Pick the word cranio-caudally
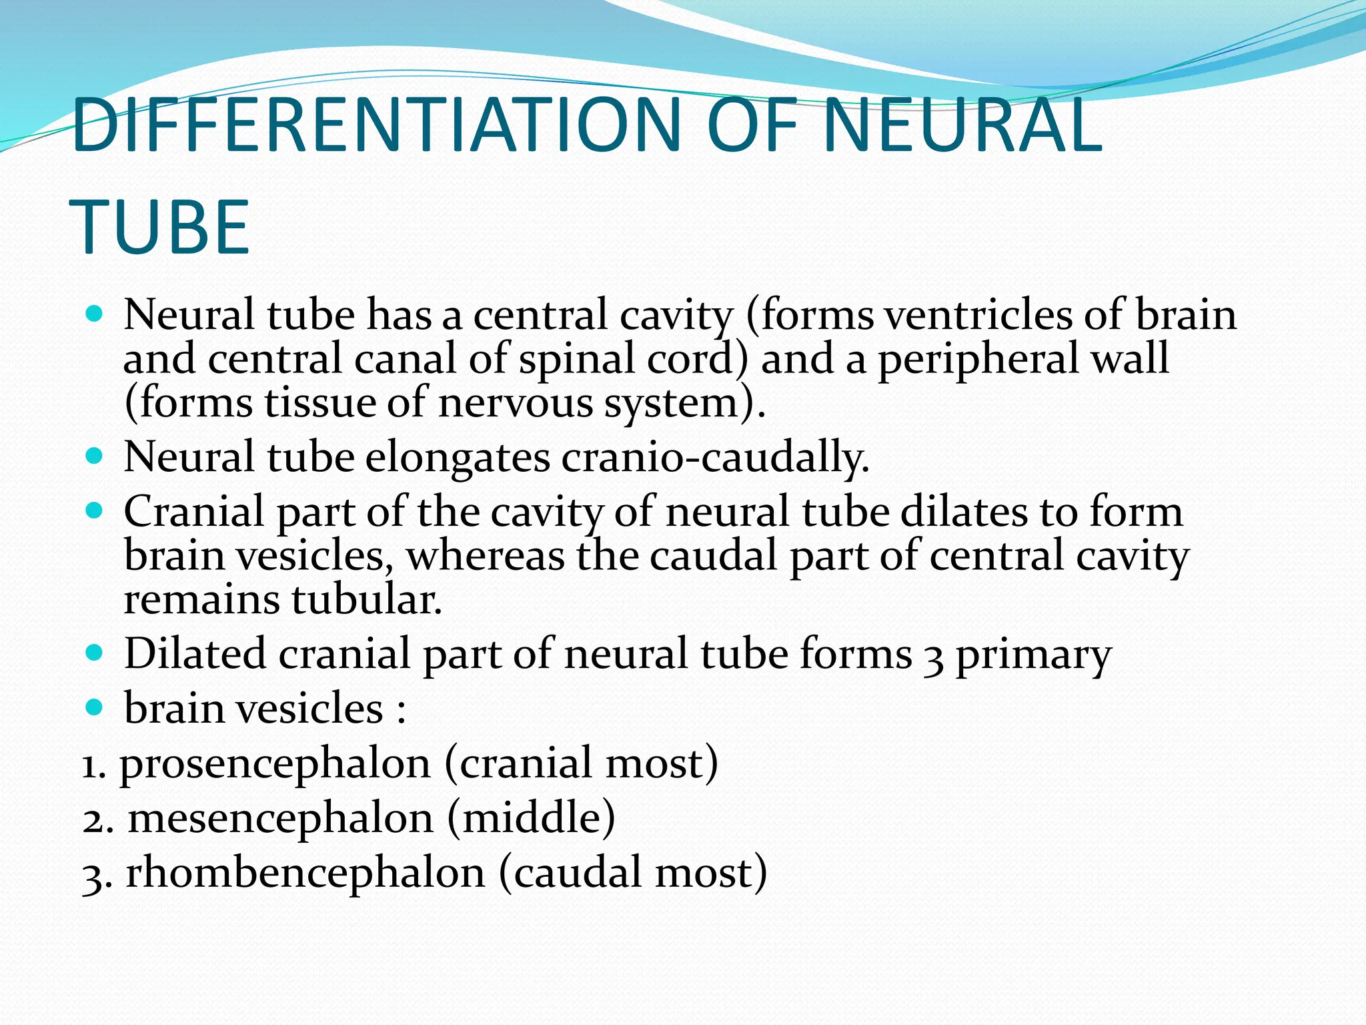715,457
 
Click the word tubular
366,599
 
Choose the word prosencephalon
275,764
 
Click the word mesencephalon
280,819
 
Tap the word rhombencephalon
305,874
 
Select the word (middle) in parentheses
531,819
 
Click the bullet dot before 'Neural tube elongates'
95,456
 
